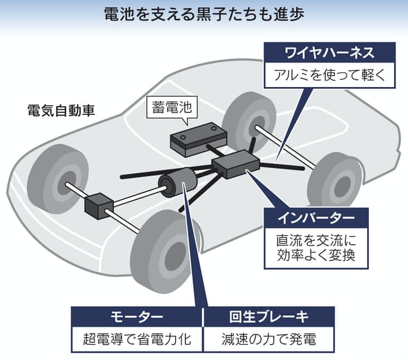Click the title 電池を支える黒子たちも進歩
(x=204, y=15)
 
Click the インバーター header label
(x=317, y=218)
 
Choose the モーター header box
(x=136, y=317)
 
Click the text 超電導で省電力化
(x=136, y=339)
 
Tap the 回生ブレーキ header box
(x=269, y=317)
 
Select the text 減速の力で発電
(x=269, y=339)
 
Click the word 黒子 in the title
(x=226, y=15)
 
